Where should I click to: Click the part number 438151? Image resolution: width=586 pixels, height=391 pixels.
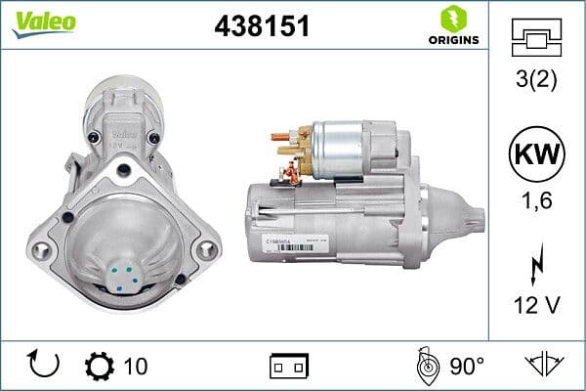pyautogui.click(x=261, y=26)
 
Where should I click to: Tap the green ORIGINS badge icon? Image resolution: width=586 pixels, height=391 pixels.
pyautogui.click(x=452, y=19)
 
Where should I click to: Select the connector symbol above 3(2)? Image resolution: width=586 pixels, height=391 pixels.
pyautogui.click(x=536, y=39)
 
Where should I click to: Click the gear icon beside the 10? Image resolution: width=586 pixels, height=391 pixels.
pyautogui.click(x=101, y=366)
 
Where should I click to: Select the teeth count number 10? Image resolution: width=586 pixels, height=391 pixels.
pyautogui.click(x=137, y=367)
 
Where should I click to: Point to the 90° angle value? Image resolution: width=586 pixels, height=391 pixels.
pyautogui.click(x=467, y=367)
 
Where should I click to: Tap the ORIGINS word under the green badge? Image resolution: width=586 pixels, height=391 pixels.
pyautogui.click(x=453, y=40)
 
